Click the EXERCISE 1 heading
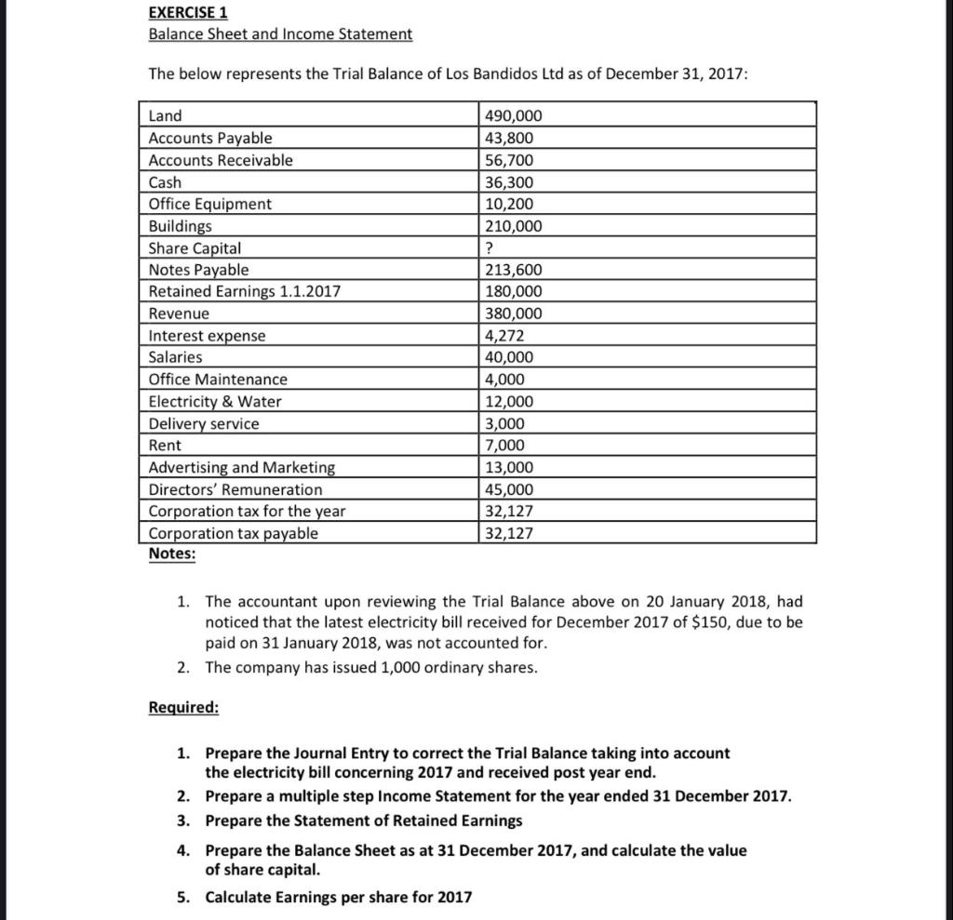(188, 13)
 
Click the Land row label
(166, 116)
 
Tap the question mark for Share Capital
(490, 248)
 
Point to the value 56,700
(509, 160)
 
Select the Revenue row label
(179, 313)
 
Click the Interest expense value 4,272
(505, 336)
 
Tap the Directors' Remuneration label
(235, 489)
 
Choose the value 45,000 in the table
(509, 489)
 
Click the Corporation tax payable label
(233, 533)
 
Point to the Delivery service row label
(204, 423)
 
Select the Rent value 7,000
(505, 446)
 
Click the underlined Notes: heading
(172, 554)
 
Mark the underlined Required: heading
(183, 708)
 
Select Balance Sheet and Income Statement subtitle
(280, 34)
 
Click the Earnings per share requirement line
(338, 898)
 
